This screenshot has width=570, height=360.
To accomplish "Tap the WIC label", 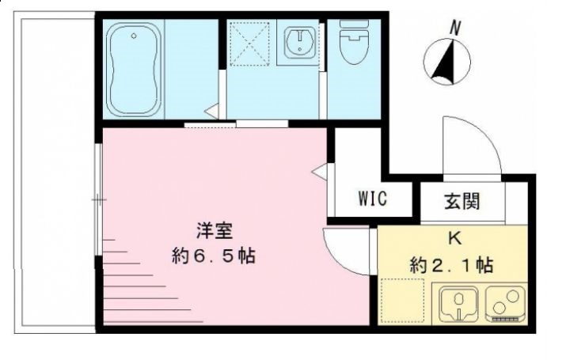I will [372, 199].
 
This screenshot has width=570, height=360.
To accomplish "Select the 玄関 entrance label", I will [461, 201].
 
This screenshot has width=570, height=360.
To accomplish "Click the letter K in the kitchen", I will [455, 238].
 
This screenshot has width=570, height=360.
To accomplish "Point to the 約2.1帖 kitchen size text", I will [451, 264].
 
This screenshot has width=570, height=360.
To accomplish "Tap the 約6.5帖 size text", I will [213, 256].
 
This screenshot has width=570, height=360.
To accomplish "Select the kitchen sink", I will [457, 305].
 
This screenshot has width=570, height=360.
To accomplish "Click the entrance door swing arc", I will [473, 146].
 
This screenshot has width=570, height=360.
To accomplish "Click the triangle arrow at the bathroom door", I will [212, 112].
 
